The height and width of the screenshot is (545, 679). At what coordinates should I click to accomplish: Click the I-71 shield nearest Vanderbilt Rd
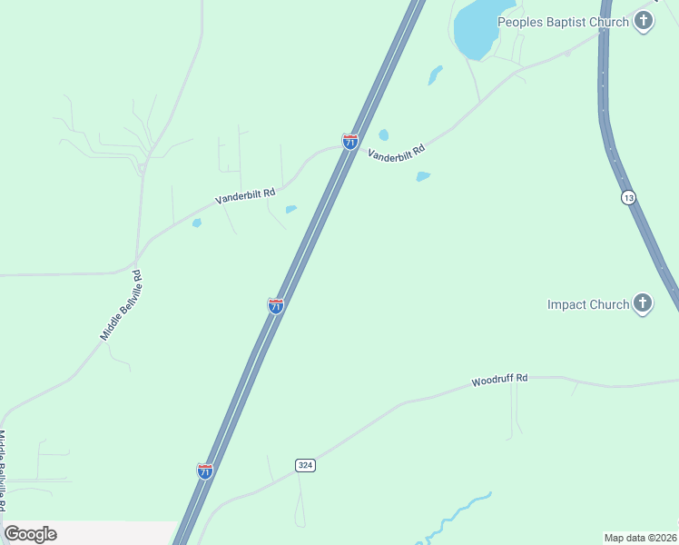pyautogui.click(x=350, y=141)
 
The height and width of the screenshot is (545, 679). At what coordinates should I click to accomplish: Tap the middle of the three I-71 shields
pyautogui.click(x=276, y=305)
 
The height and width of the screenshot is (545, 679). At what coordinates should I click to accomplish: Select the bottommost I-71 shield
pyautogui.click(x=205, y=471)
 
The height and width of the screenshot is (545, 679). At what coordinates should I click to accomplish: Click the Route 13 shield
pyautogui.click(x=628, y=197)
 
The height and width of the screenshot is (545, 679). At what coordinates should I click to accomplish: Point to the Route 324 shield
pyautogui.click(x=305, y=465)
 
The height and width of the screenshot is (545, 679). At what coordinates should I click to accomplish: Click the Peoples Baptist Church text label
pyautogui.click(x=563, y=22)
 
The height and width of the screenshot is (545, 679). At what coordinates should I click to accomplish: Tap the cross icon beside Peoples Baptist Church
pyautogui.click(x=644, y=21)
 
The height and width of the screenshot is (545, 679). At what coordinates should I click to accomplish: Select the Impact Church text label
pyautogui.click(x=588, y=304)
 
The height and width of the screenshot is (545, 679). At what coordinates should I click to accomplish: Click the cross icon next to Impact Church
pyautogui.click(x=643, y=303)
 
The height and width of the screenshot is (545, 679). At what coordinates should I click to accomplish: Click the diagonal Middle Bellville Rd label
pyautogui.click(x=122, y=305)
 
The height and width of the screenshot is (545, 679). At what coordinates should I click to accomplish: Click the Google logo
pyautogui.click(x=31, y=534)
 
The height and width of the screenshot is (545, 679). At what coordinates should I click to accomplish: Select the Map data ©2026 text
pyautogui.click(x=640, y=537)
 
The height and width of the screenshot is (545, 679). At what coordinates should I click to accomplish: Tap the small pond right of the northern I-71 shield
pyautogui.click(x=384, y=135)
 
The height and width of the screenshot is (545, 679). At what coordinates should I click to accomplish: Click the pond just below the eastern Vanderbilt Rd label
pyautogui.click(x=422, y=176)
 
